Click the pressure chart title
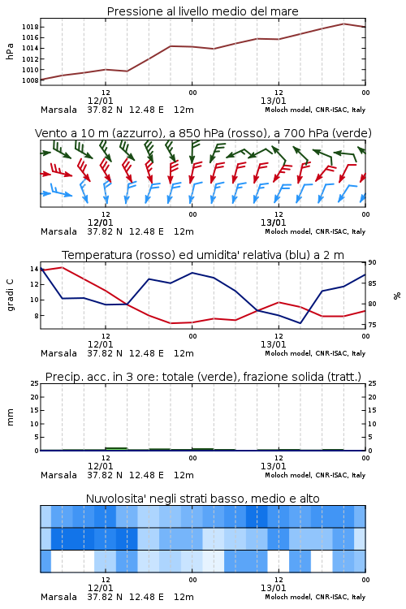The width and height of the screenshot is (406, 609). pyautogui.click(x=202, y=11)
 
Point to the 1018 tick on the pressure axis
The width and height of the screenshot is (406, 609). pyautogui.click(x=30, y=27)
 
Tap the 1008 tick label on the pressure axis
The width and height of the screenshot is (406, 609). pyautogui.click(x=30, y=80)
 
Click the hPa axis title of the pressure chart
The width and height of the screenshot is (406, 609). pyautogui.click(x=10, y=51)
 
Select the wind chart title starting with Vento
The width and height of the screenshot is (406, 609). pyautogui.click(x=203, y=133)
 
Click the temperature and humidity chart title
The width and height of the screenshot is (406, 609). pyautogui.click(x=203, y=255)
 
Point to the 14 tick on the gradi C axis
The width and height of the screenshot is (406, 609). pyautogui.click(x=34, y=269)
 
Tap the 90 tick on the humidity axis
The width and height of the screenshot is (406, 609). pyautogui.click(x=372, y=262)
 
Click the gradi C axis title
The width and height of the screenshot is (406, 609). pyautogui.click(x=10, y=296)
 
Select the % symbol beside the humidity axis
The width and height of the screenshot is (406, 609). pyautogui.click(x=397, y=296)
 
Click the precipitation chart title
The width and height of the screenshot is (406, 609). pyautogui.click(x=203, y=377)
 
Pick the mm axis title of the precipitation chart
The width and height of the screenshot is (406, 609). pyautogui.click(x=10, y=417)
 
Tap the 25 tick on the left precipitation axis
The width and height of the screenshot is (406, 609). pyautogui.click(x=35, y=384)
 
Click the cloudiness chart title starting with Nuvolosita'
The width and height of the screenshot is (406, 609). pyautogui.click(x=202, y=499)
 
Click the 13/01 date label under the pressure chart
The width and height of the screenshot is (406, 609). pyautogui.click(x=273, y=101)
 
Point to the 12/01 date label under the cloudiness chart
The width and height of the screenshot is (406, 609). pyautogui.click(x=100, y=588)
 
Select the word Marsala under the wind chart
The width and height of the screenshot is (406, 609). pyautogui.click(x=58, y=231)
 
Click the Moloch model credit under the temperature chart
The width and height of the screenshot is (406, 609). pyautogui.click(x=315, y=353)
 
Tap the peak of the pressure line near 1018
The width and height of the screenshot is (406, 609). pyautogui.click(x=343, y=24)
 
